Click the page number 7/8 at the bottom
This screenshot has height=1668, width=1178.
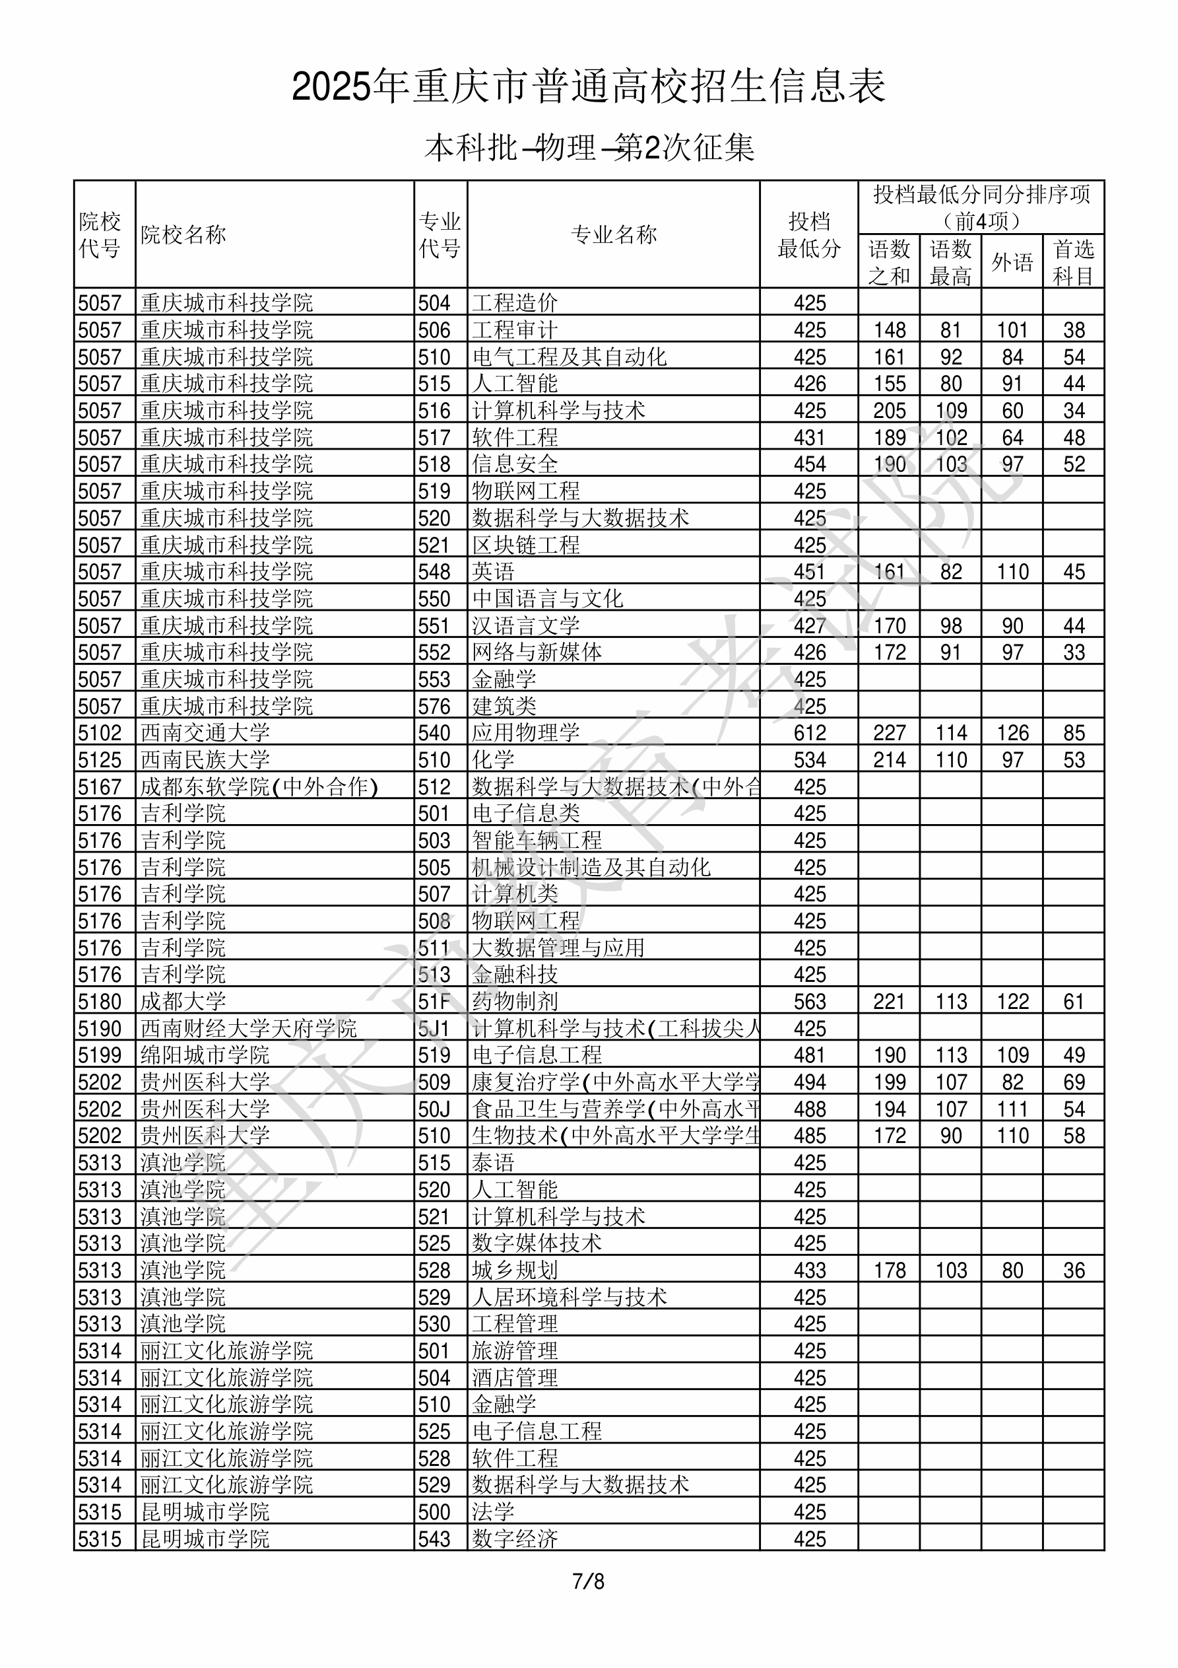588,1581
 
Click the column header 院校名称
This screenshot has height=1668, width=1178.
183,234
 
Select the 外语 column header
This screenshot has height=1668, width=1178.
1012,262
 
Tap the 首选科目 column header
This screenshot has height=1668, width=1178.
1074,262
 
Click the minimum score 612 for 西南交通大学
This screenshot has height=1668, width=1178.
809,733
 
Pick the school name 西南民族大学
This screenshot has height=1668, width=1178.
205,760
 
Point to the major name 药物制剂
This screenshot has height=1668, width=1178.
515,1002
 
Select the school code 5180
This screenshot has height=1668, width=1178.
100,1002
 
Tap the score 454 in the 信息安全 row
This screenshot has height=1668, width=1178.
809,464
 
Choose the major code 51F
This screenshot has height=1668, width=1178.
434,1002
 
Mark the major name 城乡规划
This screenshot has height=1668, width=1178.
515,1270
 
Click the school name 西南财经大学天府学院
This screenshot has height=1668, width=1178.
248,1029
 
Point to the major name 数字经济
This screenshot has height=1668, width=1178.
515,1539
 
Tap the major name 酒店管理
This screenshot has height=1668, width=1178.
515,1378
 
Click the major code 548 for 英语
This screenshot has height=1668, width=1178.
434,572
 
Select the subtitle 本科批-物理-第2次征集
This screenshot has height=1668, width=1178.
589,148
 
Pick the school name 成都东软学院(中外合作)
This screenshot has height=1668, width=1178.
259,786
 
